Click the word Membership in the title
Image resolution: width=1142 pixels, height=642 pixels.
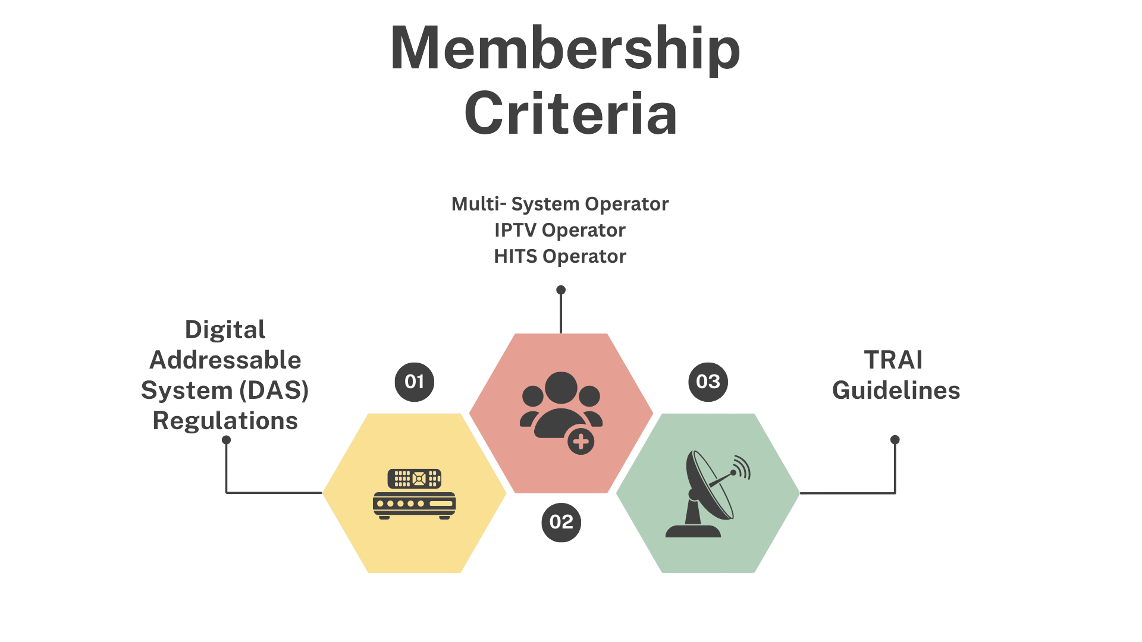coord(565,49)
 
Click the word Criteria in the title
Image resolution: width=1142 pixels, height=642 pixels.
coord(570,114)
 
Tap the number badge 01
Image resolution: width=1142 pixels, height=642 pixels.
coord(415,382)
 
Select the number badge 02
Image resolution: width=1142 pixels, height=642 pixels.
coord(561,523)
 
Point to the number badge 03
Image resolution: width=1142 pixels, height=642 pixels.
coord(708,382)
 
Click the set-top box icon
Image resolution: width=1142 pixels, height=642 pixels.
coord(415,494)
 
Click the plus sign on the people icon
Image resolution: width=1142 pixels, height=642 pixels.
coord(581,442)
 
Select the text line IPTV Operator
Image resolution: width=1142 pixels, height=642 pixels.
coord(560,230)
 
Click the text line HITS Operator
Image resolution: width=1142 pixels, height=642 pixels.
coord(560,256)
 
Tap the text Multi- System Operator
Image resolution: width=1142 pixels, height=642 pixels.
coord(560,204)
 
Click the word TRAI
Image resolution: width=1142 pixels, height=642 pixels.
coord(893,360)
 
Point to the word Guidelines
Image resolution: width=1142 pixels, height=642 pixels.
coord(896,391)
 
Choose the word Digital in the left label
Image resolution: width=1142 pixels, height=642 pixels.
coord(225,330)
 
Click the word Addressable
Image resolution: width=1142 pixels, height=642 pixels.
coord(225,360)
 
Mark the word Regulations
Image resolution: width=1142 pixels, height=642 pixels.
coord(225,421)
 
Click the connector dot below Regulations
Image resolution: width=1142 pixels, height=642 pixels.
coord(226,440)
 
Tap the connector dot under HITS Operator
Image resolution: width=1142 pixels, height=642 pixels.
coord(561,290)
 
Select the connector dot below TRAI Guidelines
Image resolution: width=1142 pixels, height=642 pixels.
coord(895,440)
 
